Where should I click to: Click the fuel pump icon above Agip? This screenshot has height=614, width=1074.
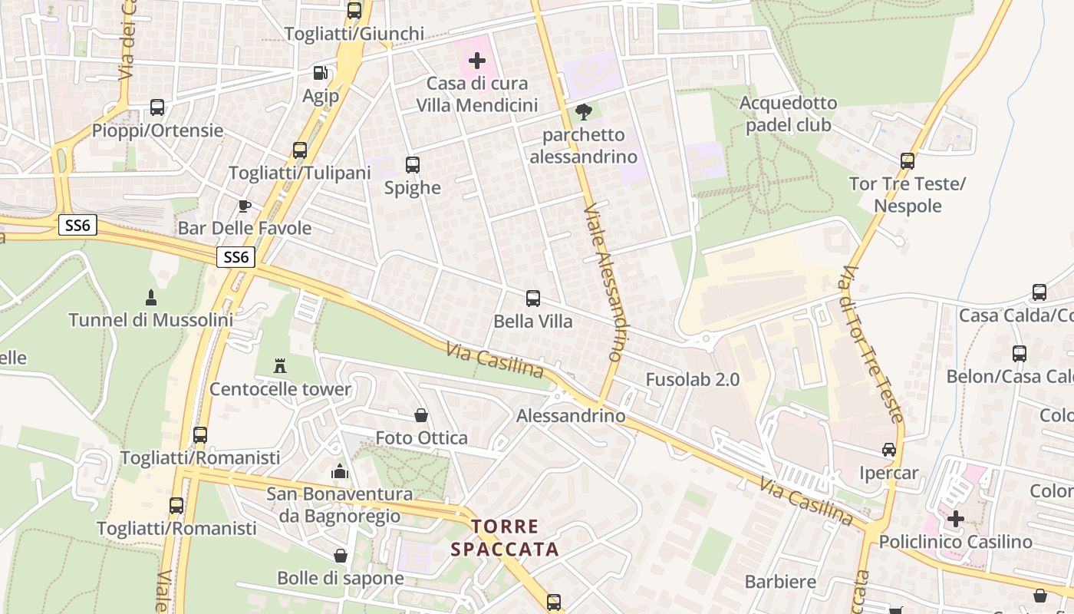pyautogui.click(x=320, y=73)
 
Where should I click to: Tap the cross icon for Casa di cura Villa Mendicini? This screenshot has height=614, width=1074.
pyautogui.click(x=477, y=60)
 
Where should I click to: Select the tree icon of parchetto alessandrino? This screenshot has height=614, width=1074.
pyautogui.click(x=583, y=113)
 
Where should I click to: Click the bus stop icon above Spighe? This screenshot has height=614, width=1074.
pyautogui.click(x=412, y=165)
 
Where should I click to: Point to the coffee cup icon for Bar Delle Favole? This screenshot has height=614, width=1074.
pyautogui.click(x=244, y=206)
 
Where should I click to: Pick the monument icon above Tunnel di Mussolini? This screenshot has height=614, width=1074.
pyautogui.click(x=150, y=297)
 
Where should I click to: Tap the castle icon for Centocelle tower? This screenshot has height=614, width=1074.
pyautogui.click(x=280, y=366)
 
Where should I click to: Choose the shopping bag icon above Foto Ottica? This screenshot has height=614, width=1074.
pyautogui.click(x=421, y=415)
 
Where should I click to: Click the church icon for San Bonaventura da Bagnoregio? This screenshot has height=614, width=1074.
pyautogui.click(x=339, y=471)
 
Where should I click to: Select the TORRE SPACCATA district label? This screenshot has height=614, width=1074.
pyautogui.click(x=505, y=538)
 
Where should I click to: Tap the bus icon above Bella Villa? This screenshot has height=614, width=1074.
pyautogui.click(x=532, y=299)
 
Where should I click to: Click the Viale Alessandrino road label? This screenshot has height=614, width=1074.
pyautogui.click(x=603, y=282)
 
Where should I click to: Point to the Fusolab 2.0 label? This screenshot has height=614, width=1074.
pyautogui.click(x=692, y=379)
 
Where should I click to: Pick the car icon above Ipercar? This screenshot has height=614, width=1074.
pyautogui.click(x=888, y=450)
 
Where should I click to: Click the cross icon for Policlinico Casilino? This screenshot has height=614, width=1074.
pyautogui.click(x=955, y=519)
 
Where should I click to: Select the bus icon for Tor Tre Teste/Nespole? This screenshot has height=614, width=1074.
pyautogui.click(x=908, y=161)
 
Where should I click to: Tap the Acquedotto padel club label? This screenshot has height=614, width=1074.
pyautogui.click(x=788, y=114)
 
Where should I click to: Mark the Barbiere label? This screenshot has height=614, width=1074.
pyautogui.click(x=780, y=582)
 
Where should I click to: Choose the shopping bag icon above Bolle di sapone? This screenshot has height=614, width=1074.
pyautogui.click(x=341, y=556)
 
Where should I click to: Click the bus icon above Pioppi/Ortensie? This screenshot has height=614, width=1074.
pyautogui.click(x=157, y=107)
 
